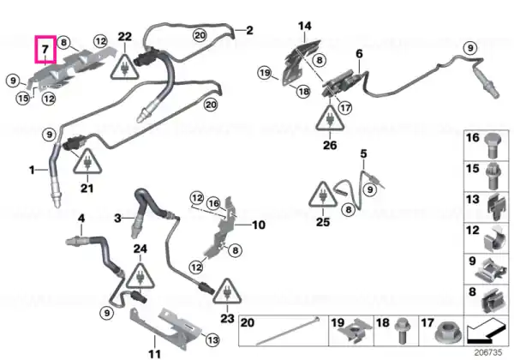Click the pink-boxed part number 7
click(x=45, y=49)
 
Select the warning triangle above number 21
click(x=87, y=162)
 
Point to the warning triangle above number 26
click(x=330, y=118)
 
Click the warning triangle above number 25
click(x=323, y=195)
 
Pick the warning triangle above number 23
click(x=227, y=291)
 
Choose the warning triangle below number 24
click(x=140, y=276)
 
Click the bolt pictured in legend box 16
click(x=491, y=145)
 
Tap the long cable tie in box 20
click(x=287, y=331)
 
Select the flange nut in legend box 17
click(x=446, y=333)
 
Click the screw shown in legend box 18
click(x=401, y=330)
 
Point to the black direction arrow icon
click(x=487, y=332)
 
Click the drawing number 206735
click(x=488, y=352)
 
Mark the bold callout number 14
click(x=305, y=26)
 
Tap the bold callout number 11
click(x=154, y=354)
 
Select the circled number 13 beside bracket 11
click(x=212, y=339)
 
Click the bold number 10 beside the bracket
click(x=259, y=225)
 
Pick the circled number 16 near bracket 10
click(x=213, y=203)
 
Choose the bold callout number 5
click(x=363, y=153)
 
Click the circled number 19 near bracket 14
click(x=265, y=73)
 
